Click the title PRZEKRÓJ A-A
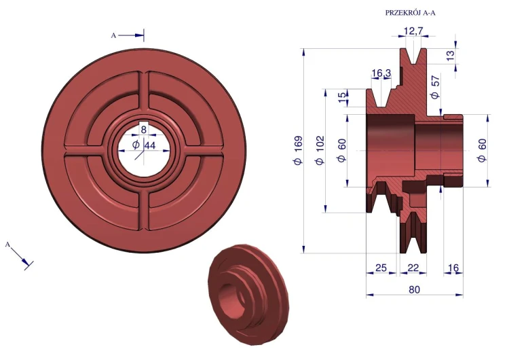coord(411,13)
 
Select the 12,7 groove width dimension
coord(413,31)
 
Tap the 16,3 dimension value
coord(381,73)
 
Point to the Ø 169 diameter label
coord(298,150)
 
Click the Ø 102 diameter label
coord(320,150)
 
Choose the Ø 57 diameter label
coord(434,87)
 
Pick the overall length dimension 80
coord(414,289)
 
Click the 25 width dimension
coord(381,268)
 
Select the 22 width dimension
coord(413,268)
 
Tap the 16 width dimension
coord(453,268)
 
